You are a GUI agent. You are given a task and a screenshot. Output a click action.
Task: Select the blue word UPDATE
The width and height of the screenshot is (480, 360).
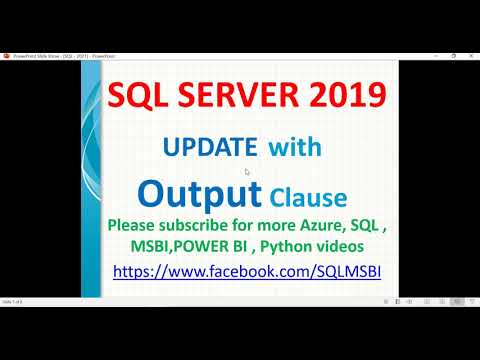[210, 148]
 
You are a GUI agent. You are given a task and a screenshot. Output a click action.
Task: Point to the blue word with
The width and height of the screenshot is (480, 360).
[295, 148]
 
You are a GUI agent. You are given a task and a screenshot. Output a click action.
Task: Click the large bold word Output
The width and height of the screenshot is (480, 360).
[200, 190]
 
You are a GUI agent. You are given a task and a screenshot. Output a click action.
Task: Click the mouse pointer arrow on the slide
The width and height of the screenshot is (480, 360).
[247, 171]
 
